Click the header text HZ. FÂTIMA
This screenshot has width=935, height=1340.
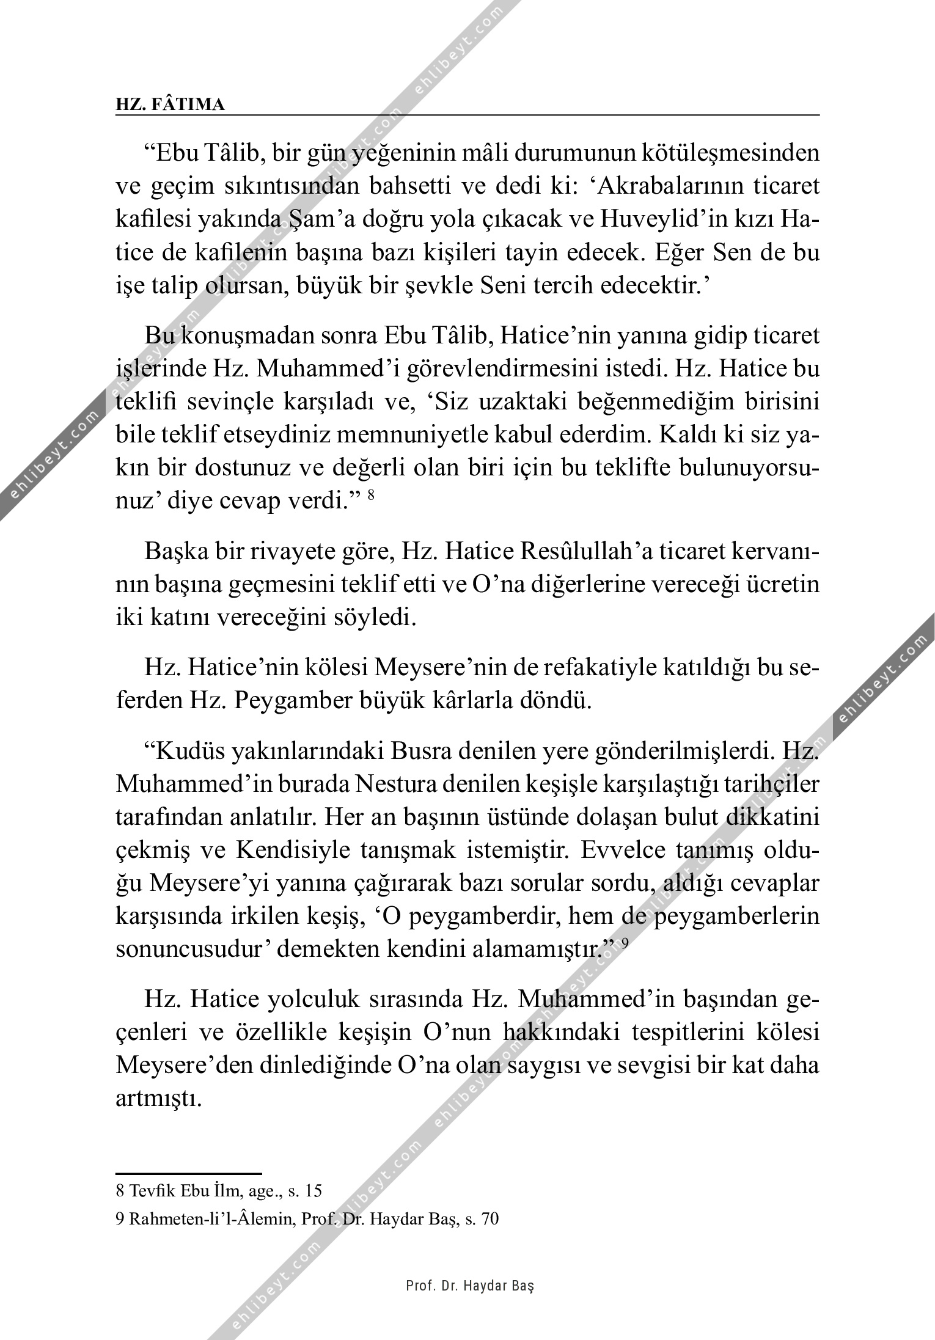click(170, 105)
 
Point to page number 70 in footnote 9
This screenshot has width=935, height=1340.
click(491, 1220)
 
